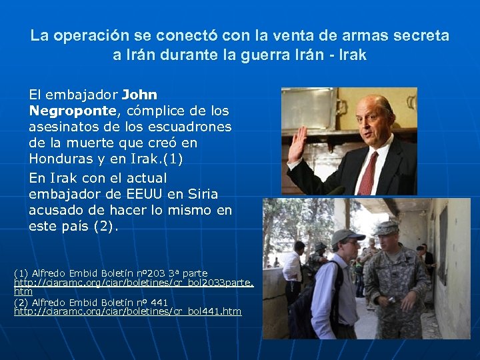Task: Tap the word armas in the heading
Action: pos(357,35)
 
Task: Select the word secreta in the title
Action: pos(418,35)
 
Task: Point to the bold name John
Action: pos(139,95)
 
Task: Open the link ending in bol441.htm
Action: pos(128,311)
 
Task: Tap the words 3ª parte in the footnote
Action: pos(190,273)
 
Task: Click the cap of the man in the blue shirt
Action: pos(347,236)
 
